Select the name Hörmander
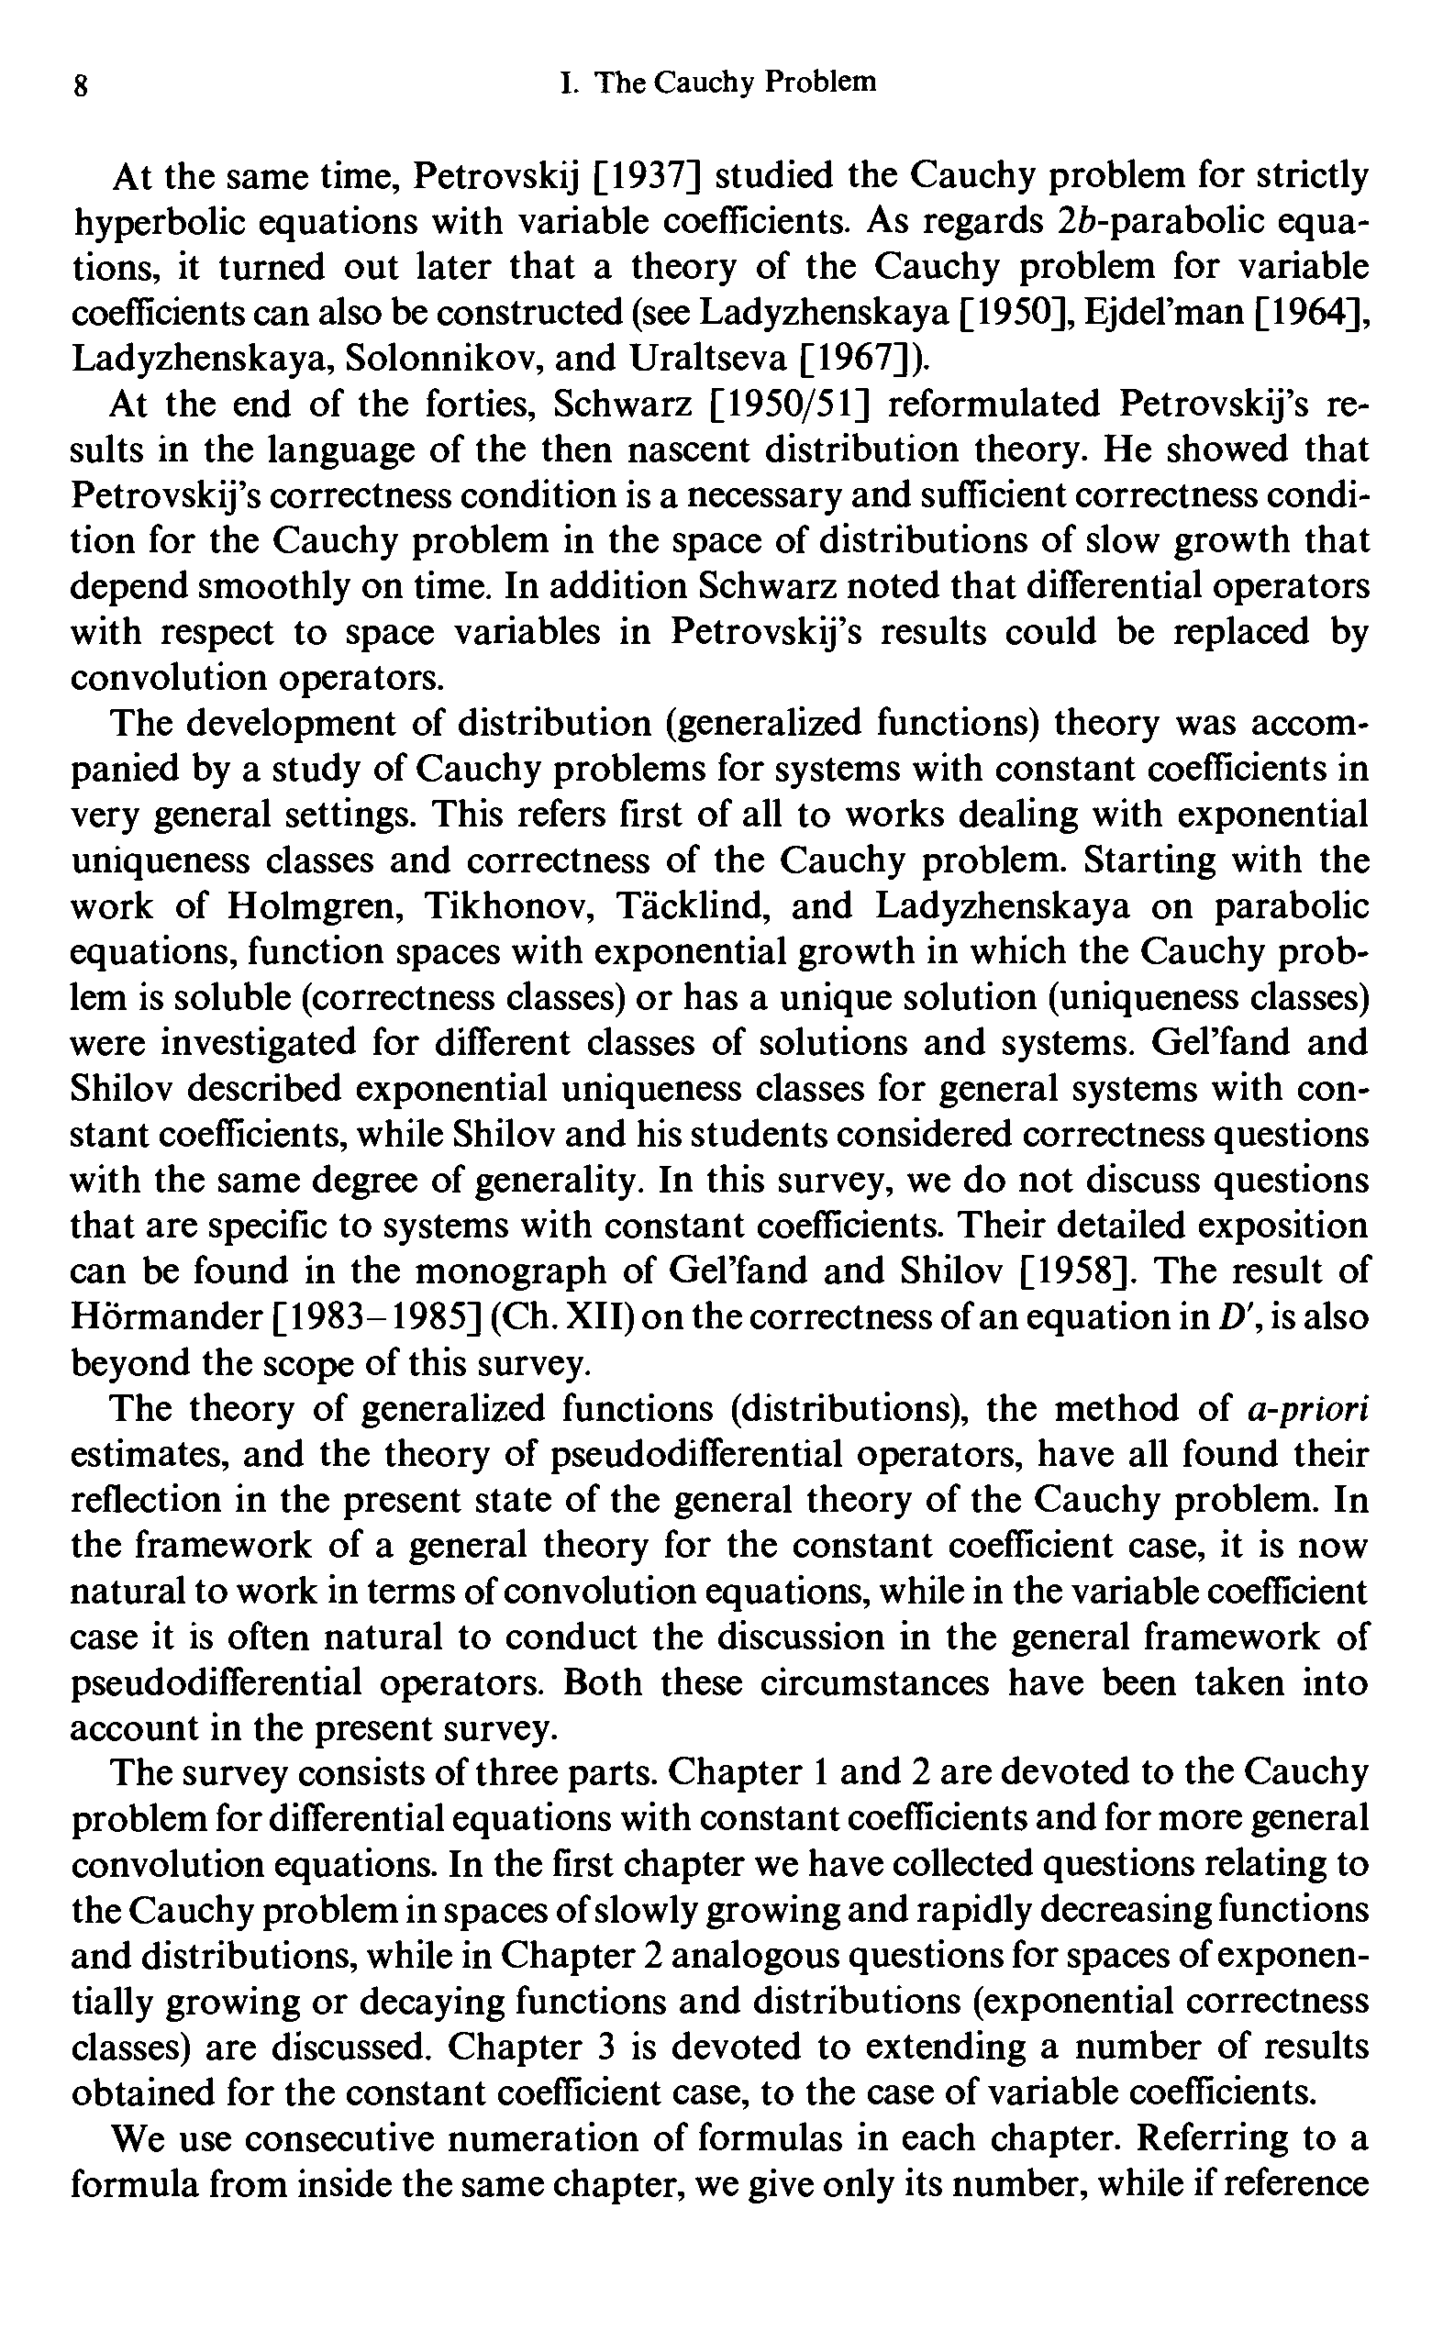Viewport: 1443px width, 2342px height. (166, 1318)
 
